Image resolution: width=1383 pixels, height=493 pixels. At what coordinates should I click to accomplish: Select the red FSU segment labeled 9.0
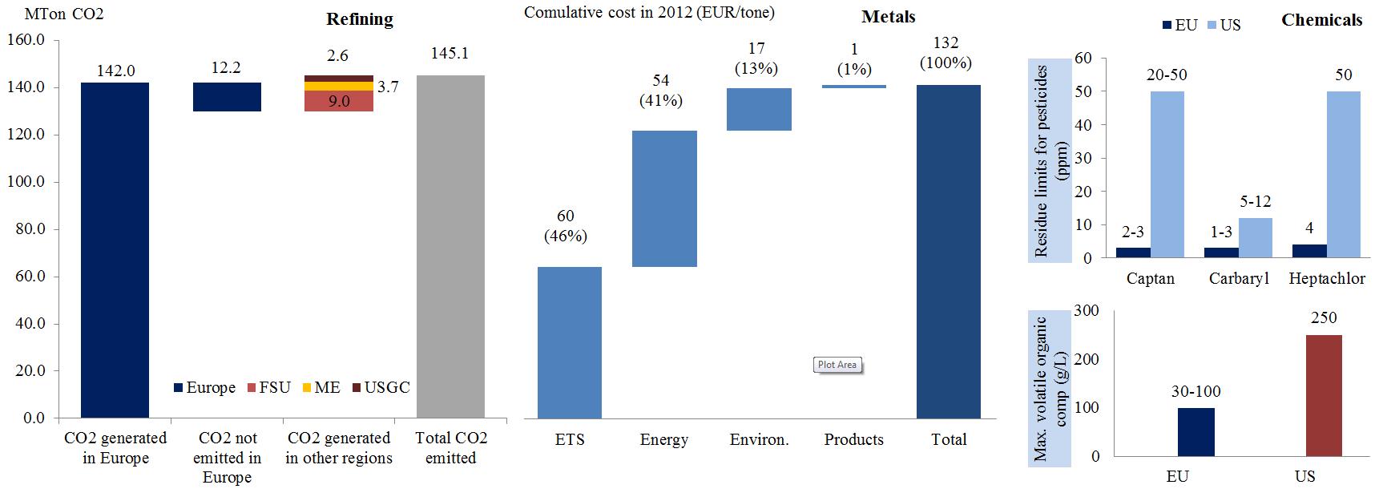339,101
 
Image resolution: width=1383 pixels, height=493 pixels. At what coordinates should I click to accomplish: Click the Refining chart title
360,19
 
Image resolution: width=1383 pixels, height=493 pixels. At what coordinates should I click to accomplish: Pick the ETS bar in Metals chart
569,342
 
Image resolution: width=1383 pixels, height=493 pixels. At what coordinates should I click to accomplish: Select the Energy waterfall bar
664,199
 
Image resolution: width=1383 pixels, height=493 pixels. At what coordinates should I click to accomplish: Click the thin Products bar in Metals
854,86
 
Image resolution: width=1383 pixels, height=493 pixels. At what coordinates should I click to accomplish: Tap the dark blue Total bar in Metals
949,252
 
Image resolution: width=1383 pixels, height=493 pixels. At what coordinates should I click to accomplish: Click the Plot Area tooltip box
837,365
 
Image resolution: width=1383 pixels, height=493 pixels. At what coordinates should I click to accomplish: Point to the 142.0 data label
115,71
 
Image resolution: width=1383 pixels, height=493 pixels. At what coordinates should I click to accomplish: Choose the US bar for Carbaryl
1255,238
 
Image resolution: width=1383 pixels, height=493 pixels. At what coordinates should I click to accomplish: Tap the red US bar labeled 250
1324,395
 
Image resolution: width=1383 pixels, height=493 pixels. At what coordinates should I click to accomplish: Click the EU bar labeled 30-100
1196,432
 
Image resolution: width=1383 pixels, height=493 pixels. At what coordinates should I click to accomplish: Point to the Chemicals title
1321,20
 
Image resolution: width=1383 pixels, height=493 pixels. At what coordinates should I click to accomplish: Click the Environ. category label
759,439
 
